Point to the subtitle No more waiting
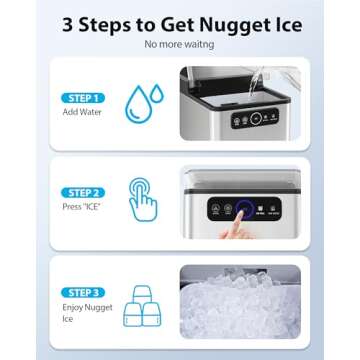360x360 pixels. [x=179, y=45]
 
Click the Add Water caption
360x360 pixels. [x=76, y=113]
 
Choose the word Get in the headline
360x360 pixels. [x=180, y=23]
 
